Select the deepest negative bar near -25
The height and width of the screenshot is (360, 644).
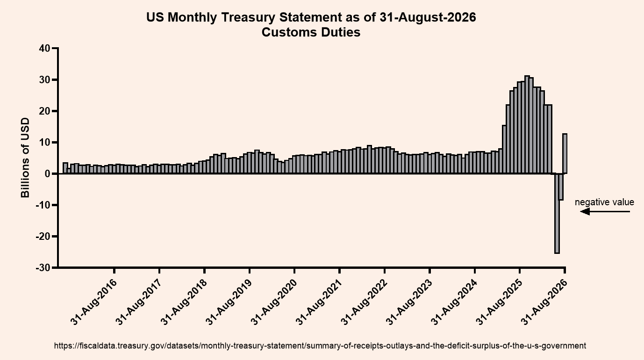click(x=557, y=213)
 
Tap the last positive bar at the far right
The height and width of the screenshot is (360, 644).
click(x=565, y=153)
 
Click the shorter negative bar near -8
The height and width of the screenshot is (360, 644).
click(x=561, y=187)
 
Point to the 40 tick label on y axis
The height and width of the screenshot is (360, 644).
click(x=44, y=48)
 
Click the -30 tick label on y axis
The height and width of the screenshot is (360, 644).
click(x=43, y=268)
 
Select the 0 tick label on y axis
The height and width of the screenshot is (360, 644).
click(x=48, y=173)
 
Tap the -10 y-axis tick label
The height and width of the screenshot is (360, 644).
click(x=43, y=205)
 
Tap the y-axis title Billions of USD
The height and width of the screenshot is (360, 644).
click(x=25, y=158)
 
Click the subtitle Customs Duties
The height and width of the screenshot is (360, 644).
click(x=311, y=32)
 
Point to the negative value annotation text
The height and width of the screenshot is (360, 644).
click(x=604, y=202)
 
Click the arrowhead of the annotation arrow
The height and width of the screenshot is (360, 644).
click(x=585, y=212)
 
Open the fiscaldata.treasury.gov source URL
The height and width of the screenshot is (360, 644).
click(x=320, y=346)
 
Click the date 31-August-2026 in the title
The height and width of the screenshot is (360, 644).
click(x=428, y=17)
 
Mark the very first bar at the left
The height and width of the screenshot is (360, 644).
click(x=65, y=168)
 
